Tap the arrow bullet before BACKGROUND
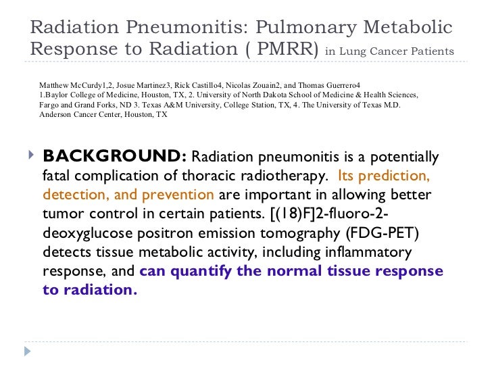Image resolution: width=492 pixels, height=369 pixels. tap(28, 157)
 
